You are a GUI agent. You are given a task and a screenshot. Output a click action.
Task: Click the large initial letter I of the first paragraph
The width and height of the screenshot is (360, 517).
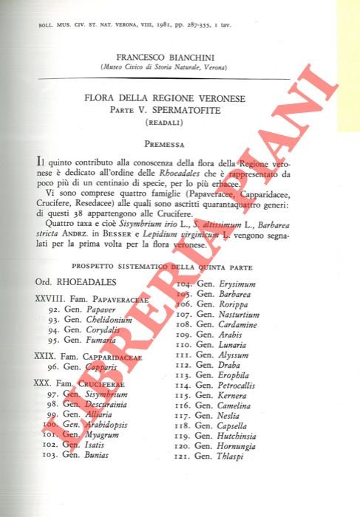pos(38,160)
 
